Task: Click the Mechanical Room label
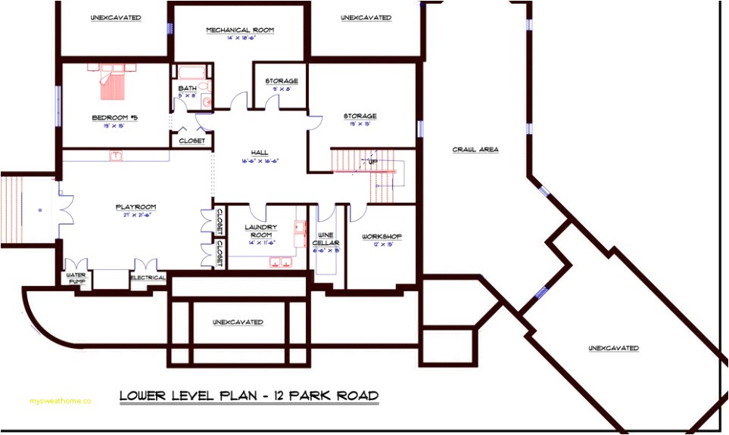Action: pyautogui.click(x=240, y=30)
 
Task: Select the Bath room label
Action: pyautogui.click(x=187, y=89)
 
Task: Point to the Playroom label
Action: pyautogui.click(x=136, y=207)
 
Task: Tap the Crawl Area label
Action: pyautogui.click(x=475, y=150)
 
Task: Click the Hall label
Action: pyautogui.click(x=260, y=152)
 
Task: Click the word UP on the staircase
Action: pyautogui.click(x=372, y=162)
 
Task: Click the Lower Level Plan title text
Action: pyautogui.click(x=249, y=396)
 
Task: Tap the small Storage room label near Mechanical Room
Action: pyautogui.click(x=281, y=81)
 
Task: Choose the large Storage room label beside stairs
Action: pyautogui.click(x=360, y=117)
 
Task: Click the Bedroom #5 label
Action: pyautogui.click(x=114, y=118)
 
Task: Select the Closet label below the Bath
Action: pyautogui.click(x=192, y=141)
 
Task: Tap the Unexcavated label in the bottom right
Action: pyautogui.click(x=613, y=348)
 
